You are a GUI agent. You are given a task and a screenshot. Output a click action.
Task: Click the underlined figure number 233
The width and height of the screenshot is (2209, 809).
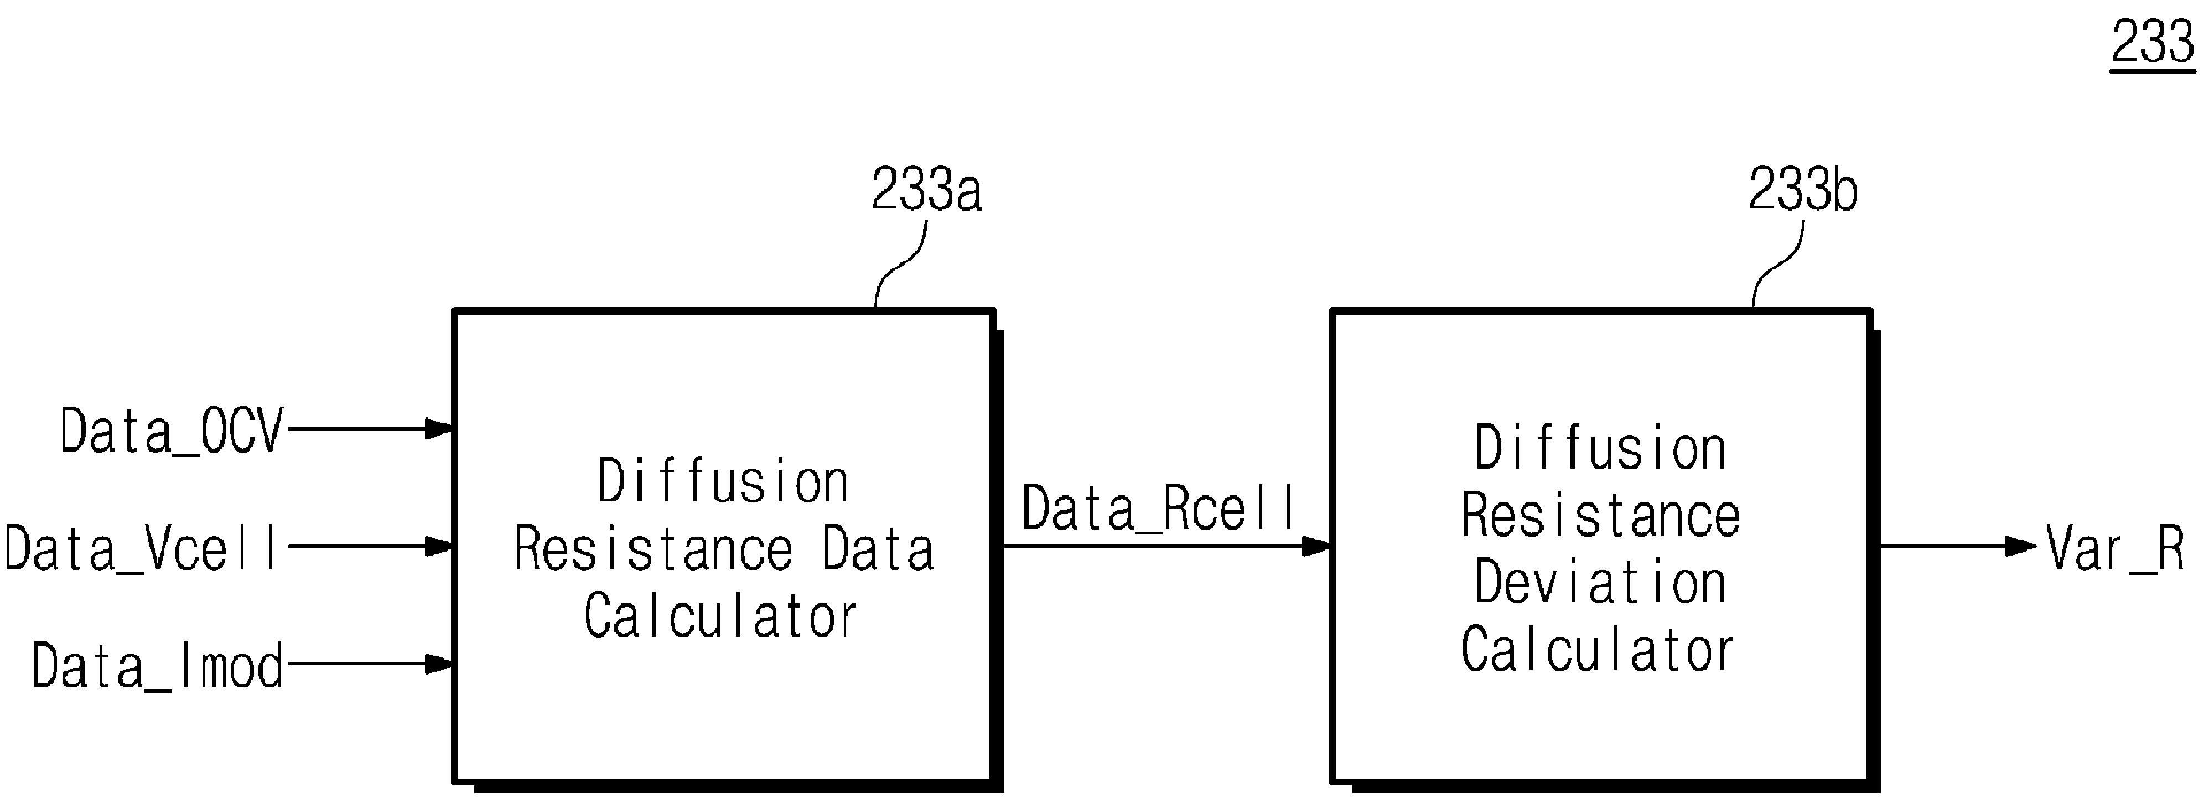click(2153, 43)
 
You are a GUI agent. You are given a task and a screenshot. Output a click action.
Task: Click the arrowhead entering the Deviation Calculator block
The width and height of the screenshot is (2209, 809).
click(1317, 546)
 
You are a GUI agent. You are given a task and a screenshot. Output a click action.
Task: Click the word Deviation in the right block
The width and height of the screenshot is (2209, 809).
click(1600, 583)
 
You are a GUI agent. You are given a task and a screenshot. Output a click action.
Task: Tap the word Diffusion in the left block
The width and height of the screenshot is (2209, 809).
click(723, 481)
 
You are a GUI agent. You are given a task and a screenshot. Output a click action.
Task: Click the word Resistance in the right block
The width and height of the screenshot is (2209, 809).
click(1601, 516)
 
